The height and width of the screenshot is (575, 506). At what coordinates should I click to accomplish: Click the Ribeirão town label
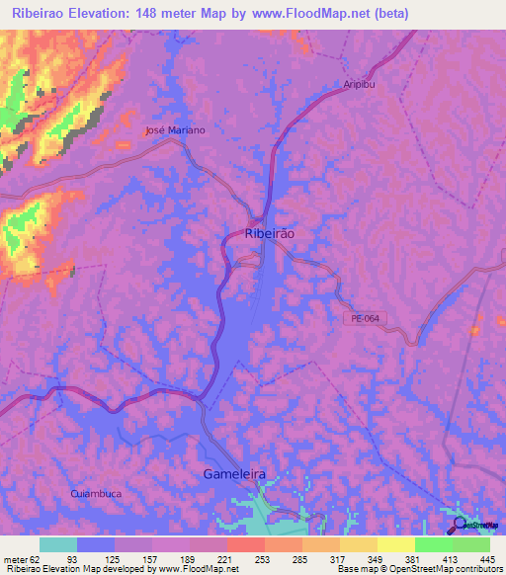269,233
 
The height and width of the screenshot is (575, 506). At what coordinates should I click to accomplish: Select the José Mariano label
175,130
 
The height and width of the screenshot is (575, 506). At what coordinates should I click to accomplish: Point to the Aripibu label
361,85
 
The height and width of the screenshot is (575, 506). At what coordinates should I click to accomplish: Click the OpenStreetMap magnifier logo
459,526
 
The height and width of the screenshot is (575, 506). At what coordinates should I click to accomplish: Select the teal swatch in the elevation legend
58,544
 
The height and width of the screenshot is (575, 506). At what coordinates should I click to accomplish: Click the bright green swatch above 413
434,544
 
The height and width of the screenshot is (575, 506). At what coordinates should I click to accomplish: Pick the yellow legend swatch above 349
359,544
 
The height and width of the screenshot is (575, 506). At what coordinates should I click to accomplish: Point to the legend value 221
226,558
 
